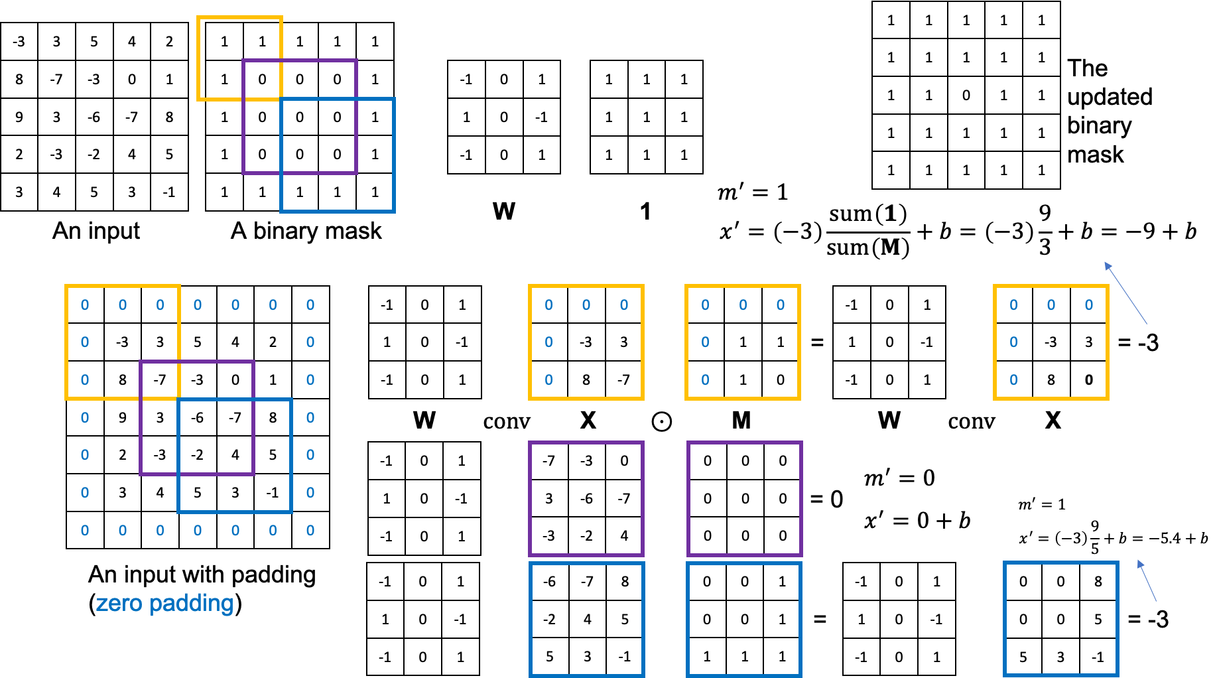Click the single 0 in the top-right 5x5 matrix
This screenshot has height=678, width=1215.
click(x=966, y=95)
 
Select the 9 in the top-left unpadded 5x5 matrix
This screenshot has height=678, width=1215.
click(x=19, y=117)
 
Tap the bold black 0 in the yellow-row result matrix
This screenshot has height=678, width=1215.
click(x=1088, y=380)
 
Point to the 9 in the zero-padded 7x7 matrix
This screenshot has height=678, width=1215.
click(x=122, y=417)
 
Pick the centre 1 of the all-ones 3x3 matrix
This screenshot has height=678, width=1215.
click(x=646, y=117)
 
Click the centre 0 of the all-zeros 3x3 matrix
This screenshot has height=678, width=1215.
click(x=745, y=498)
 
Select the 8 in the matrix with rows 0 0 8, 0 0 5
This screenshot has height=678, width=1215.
click(x=1098, y=581)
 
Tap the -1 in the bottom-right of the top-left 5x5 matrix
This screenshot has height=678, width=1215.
click(x=169, y=192)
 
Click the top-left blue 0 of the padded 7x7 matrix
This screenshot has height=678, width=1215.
click(x=85, y=305)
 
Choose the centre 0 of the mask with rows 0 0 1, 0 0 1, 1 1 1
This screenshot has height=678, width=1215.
click(x=744, y=619)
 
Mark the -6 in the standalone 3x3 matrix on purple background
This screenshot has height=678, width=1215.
click(x=586, y=498)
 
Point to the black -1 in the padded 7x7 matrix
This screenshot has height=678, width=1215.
click(x=273, y=492)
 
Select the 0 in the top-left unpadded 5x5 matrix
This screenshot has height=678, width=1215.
click(x=131, y=79)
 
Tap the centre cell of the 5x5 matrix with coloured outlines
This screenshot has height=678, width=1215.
click(x=300, y=117)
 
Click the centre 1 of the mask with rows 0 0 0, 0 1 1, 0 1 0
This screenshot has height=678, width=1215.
click(x=743, y=342)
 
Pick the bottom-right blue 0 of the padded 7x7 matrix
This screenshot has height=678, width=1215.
click(x=310, y=530)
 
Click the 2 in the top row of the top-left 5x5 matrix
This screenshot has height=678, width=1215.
click(x=169, y=41)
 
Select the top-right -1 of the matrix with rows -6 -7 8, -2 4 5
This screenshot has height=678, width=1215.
click(x=625, y=656)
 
